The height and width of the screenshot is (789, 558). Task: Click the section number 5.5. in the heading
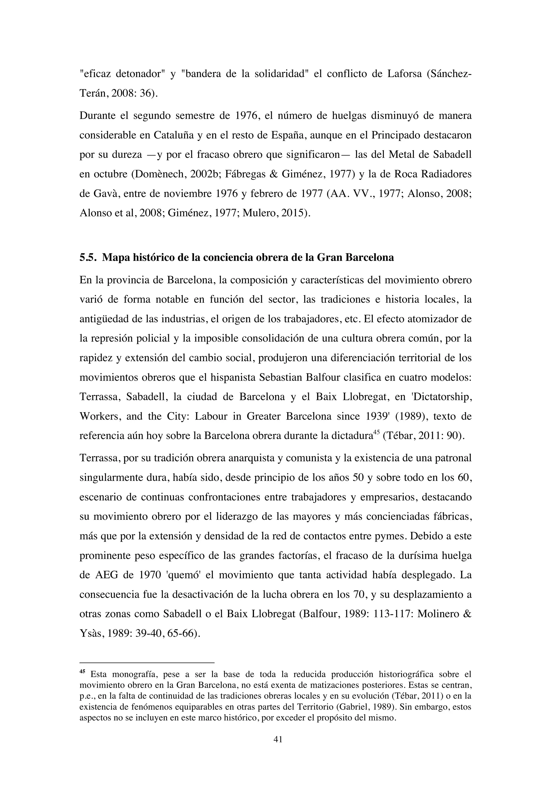coord(88,257)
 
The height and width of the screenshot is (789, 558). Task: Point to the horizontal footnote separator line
coord(147,663)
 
